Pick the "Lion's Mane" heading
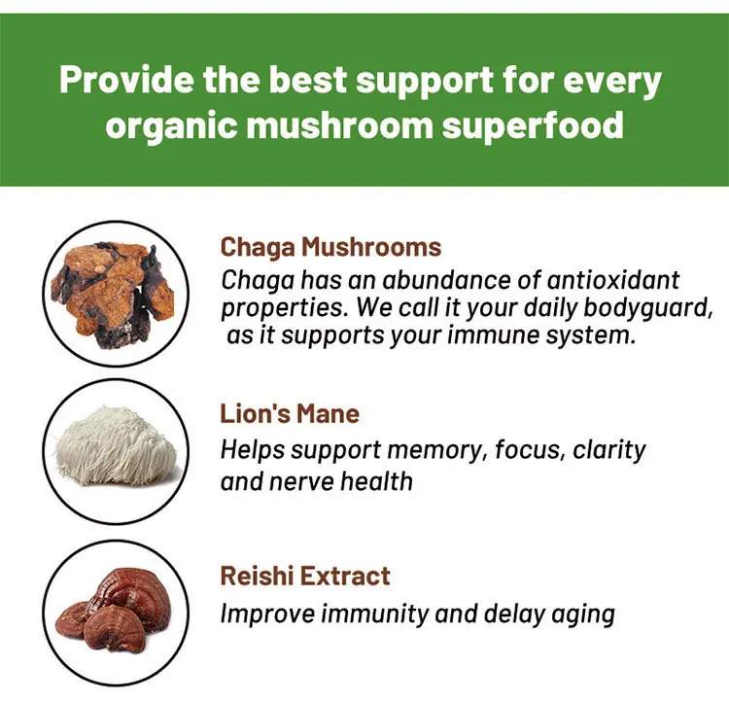coord(290,414)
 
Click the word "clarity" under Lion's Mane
coord(608,450)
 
